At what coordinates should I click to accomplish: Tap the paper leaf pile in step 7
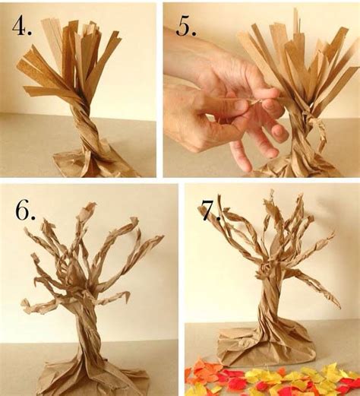click(273, 379)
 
